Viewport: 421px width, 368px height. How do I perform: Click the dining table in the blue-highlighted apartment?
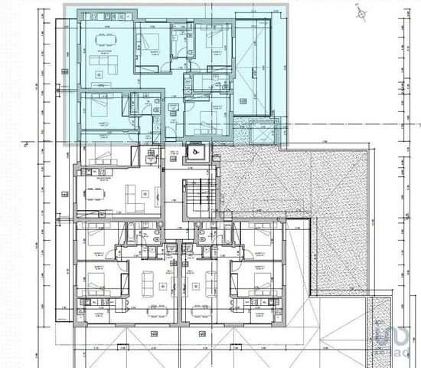tap(100, 74)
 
